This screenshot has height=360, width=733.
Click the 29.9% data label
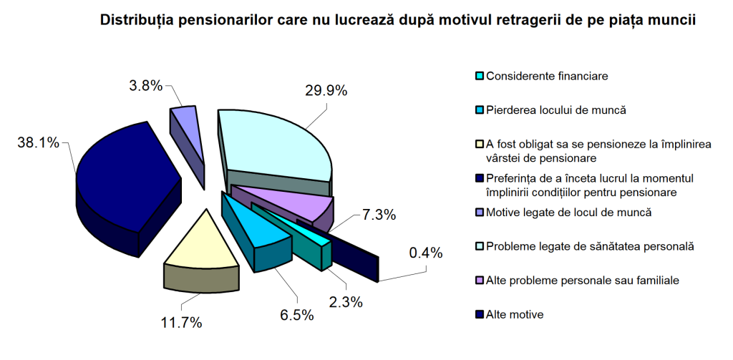pyautogui.click(x=325, y=90)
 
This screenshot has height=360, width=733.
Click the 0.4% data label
pyautogui.click(x=425, y=253)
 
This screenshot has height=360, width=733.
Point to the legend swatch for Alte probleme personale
pyautogui.click(x=480, y=279)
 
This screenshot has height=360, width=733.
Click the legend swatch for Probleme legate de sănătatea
pyautogui.click(x=480, y=247)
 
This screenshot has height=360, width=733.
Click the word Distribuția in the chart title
pyautogui.click(x=135, y=21)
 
